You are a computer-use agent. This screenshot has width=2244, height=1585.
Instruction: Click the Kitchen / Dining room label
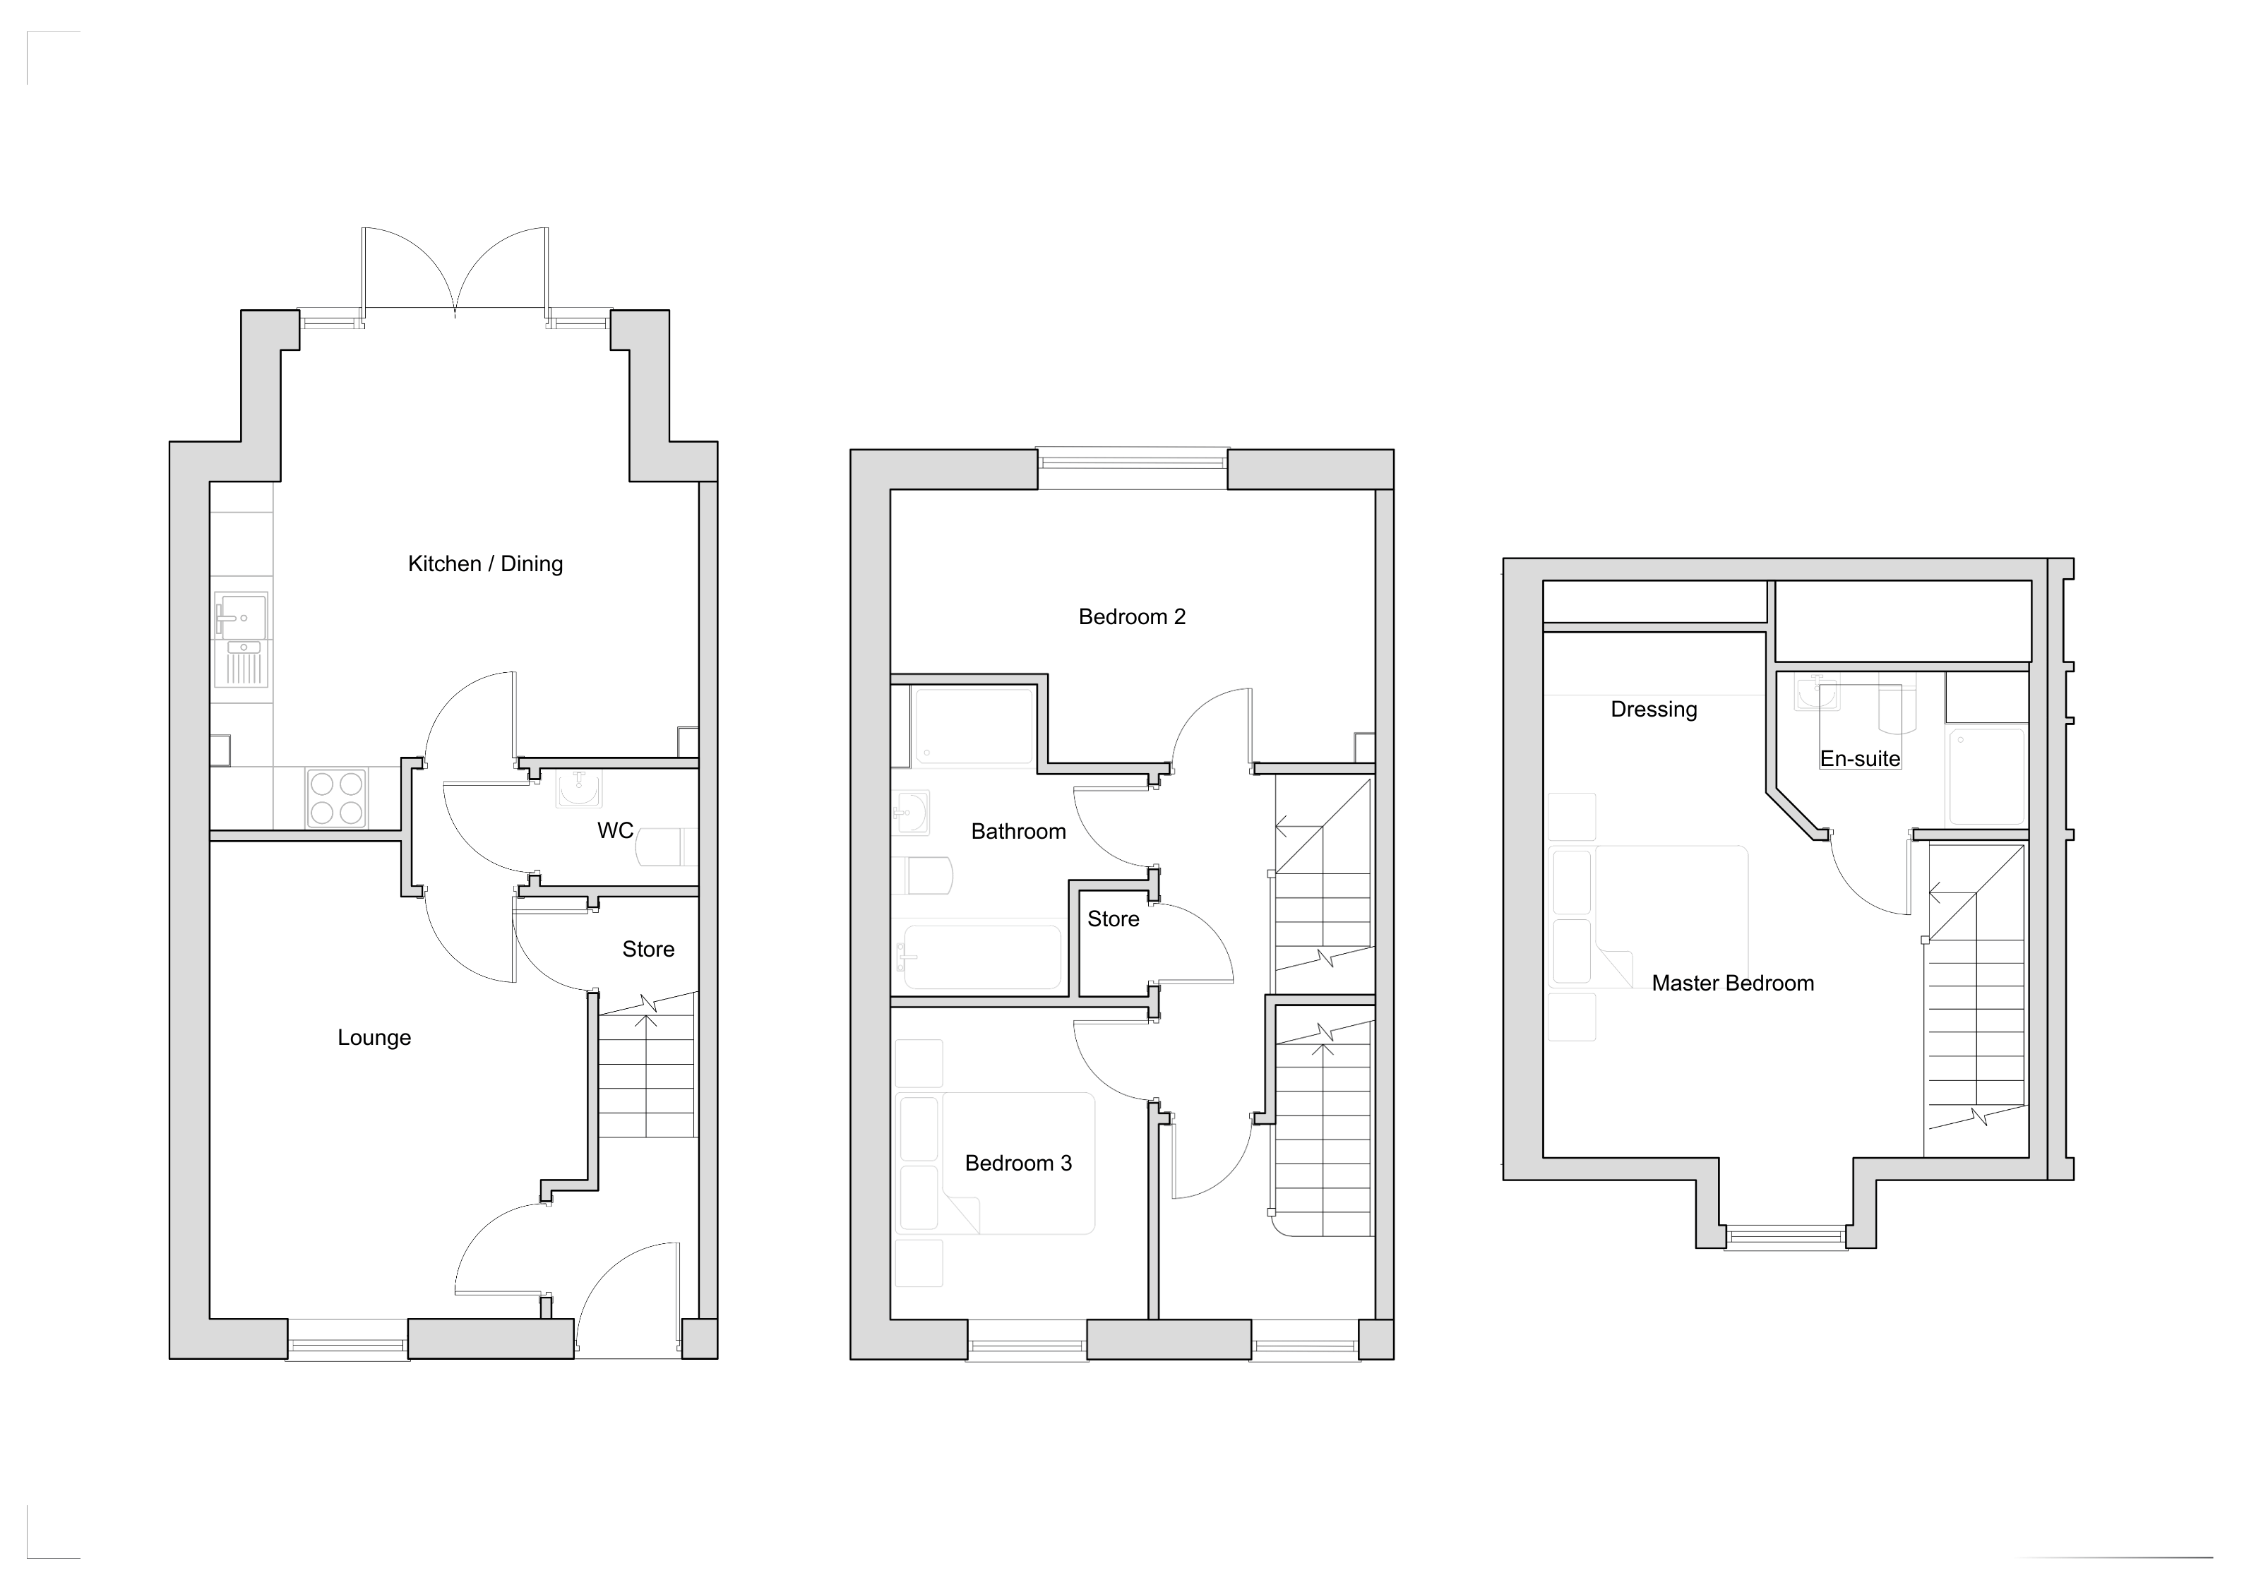click(x=485, y=564)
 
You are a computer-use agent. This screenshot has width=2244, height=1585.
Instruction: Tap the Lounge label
click(x=374, y=1038)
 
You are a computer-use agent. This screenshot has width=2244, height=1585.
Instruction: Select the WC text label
click(x=616, y=830)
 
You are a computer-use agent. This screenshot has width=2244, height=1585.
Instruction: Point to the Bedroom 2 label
click(x=1132, y=616)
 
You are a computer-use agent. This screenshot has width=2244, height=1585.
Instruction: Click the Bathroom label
click(x=1018, y=832)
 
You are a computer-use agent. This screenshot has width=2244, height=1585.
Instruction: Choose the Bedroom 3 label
click(x=1018, y=1163)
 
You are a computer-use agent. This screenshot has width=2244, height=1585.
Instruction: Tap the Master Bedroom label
click(x=1733, y=983)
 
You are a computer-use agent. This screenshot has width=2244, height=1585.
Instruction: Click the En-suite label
click(x=1860, y=758)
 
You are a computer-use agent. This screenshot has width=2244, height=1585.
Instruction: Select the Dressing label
click(x=1654, y=710)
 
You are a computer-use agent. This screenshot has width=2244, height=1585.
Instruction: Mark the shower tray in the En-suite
click(x=1987, y=777)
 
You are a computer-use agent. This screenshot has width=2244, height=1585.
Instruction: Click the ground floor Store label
click(x=648, y=949)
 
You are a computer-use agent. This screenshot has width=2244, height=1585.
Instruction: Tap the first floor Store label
click(x=1114, y=919)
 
